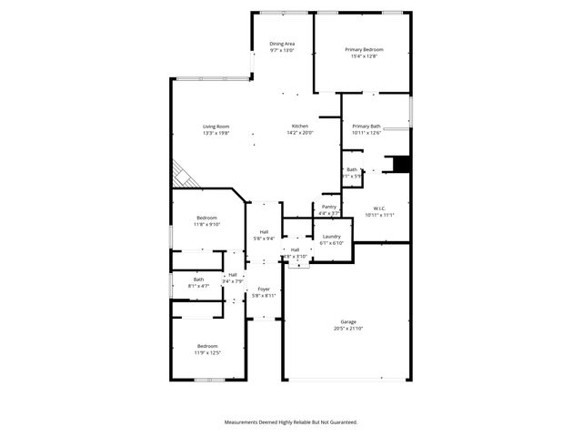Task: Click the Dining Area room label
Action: point(282,44)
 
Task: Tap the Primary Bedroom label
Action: point(364,49)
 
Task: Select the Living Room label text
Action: point(216,127)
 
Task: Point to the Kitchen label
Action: point(300,126)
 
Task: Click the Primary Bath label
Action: point(366,127)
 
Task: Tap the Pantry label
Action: point(329,207)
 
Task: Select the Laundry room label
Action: point(331,236)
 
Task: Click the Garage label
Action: point(348,321)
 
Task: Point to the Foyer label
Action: point(264,289)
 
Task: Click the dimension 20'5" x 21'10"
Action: point(348,329)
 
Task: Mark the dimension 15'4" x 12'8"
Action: point(364,56)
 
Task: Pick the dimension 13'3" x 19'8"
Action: point(216,134)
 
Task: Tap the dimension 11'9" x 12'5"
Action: point(208,353)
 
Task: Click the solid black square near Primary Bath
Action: point(400,164)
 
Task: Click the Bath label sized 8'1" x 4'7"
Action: point(198,279)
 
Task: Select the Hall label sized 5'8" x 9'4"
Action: point(264,231)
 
